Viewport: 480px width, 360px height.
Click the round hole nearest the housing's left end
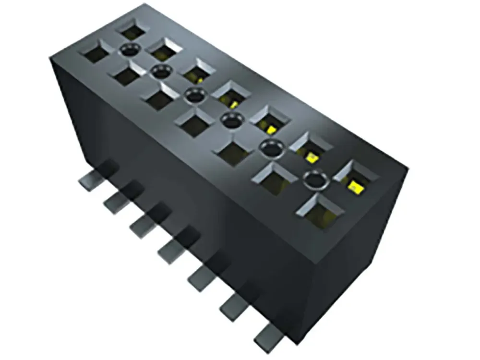(x=130, y=48)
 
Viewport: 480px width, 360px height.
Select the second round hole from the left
(x=161, y=72)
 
